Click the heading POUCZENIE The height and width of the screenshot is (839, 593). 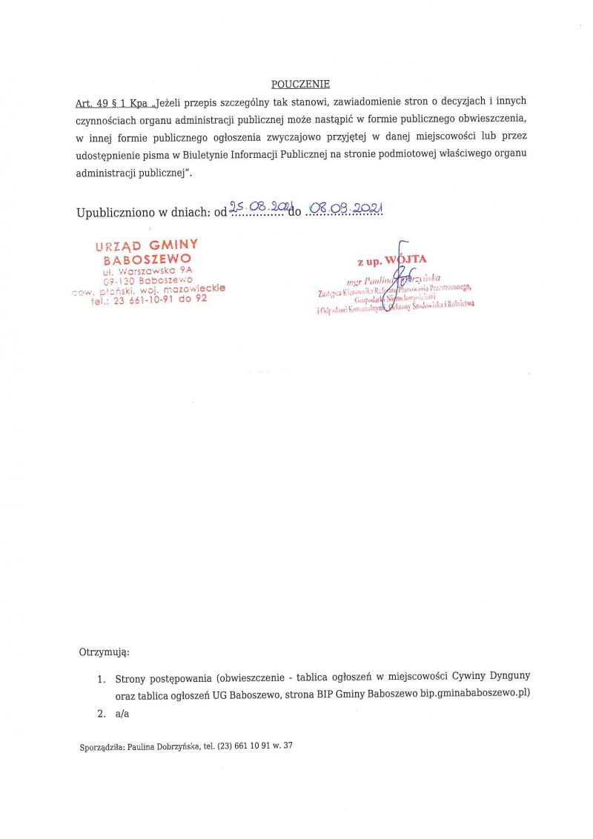300,84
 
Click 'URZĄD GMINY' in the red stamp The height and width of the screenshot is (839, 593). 147,245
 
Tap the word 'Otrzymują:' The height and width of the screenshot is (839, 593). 104,652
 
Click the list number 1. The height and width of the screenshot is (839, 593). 101,678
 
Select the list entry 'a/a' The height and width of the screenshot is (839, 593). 122,714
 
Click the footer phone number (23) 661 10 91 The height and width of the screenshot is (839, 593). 247,746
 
